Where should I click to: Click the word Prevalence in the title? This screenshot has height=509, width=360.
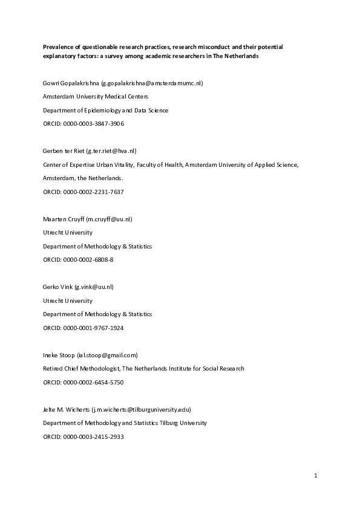point(57,46)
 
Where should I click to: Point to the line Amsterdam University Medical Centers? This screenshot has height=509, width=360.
point(95,97)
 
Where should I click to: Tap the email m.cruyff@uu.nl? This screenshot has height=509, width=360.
point(109,219)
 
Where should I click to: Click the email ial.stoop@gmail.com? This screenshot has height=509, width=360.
point(108,355)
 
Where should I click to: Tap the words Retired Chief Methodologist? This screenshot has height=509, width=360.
point(82,369)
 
